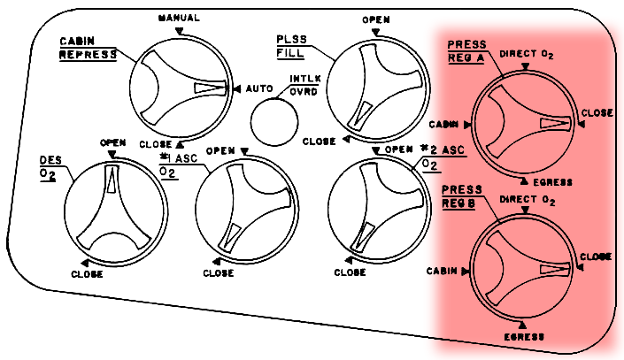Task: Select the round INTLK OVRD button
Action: click(274, 120)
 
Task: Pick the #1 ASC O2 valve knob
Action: click(244, 210)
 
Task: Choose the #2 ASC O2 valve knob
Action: click(376, 209)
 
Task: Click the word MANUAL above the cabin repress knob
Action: click(178, 18)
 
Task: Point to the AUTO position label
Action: click(258, 89)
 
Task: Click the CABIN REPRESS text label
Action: click(88, 48)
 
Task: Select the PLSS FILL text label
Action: click(291, 46)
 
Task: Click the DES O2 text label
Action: click(50, 167)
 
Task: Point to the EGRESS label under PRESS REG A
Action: click(552, 182)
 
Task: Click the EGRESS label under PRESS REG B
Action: click(524, 336)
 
